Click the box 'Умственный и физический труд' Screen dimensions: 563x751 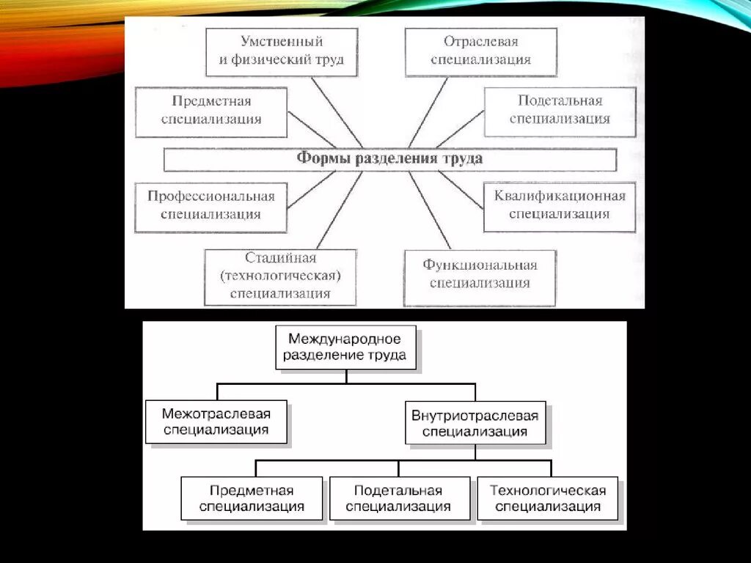(282, 51)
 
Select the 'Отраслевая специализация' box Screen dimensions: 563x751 (480, 51)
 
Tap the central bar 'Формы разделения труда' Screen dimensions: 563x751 (389, 159)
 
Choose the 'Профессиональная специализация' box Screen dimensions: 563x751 (211, 205)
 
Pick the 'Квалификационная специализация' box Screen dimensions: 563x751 (560, 205)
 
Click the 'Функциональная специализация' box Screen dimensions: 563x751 (480, 274)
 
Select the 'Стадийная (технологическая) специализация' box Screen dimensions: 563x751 (280, 276)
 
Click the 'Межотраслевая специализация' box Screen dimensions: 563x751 (216, 422)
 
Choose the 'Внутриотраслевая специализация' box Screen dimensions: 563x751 (475, 423)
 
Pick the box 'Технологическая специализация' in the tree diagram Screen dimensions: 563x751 (548, 498)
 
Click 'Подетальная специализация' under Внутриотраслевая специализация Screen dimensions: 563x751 (398, 498)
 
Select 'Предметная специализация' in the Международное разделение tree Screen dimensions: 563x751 (252, 498)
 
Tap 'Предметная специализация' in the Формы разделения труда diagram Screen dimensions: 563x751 (211, 110)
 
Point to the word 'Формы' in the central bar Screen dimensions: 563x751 (320, 159)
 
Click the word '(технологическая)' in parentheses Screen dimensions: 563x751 (280, 277)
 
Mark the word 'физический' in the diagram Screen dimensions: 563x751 (276, 60)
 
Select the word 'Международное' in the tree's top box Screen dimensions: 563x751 (345, 339)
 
